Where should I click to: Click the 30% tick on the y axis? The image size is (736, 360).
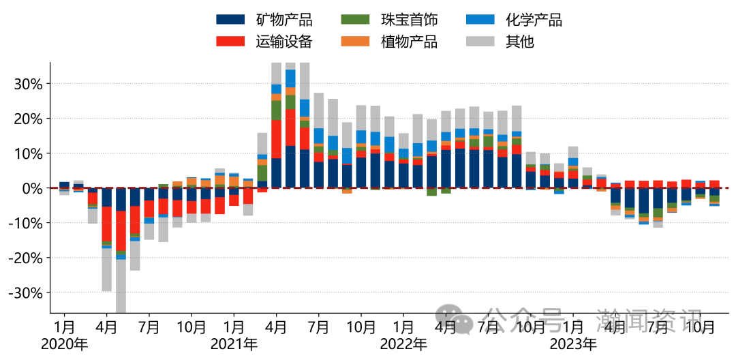click(x=29, y=84)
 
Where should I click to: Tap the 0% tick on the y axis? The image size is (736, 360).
click(x=33, y=188)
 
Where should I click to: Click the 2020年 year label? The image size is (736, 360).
click(x=64, y=344)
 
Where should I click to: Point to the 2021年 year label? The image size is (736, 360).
click(x=234, y=344)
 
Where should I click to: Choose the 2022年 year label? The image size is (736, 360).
click(x=403, y=344)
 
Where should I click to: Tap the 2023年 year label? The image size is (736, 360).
click(x=572, y=344)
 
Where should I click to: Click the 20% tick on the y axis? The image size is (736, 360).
click(x=29, y=119)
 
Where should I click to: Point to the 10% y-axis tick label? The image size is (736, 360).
click(x=29, y=153)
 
